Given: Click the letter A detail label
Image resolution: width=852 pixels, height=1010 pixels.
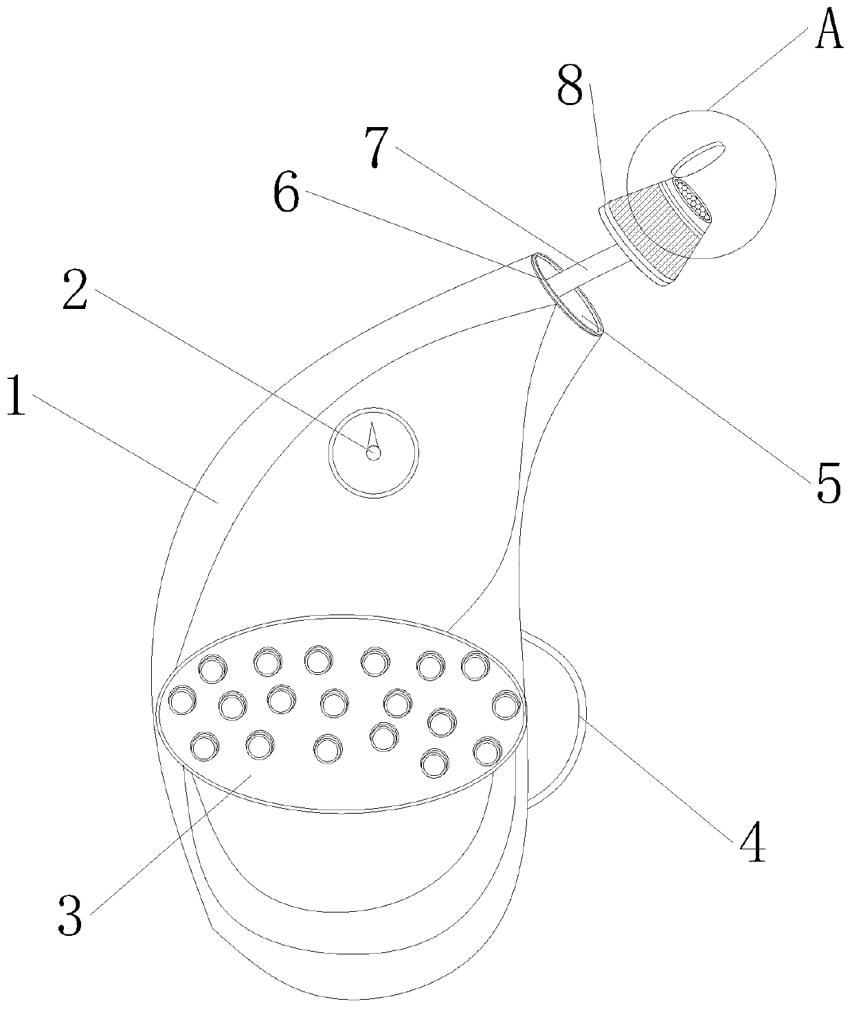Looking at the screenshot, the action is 829,31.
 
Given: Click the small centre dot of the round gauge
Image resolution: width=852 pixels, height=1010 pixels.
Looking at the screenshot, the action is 373,453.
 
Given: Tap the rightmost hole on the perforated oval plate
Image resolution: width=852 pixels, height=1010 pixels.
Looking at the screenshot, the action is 505,705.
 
